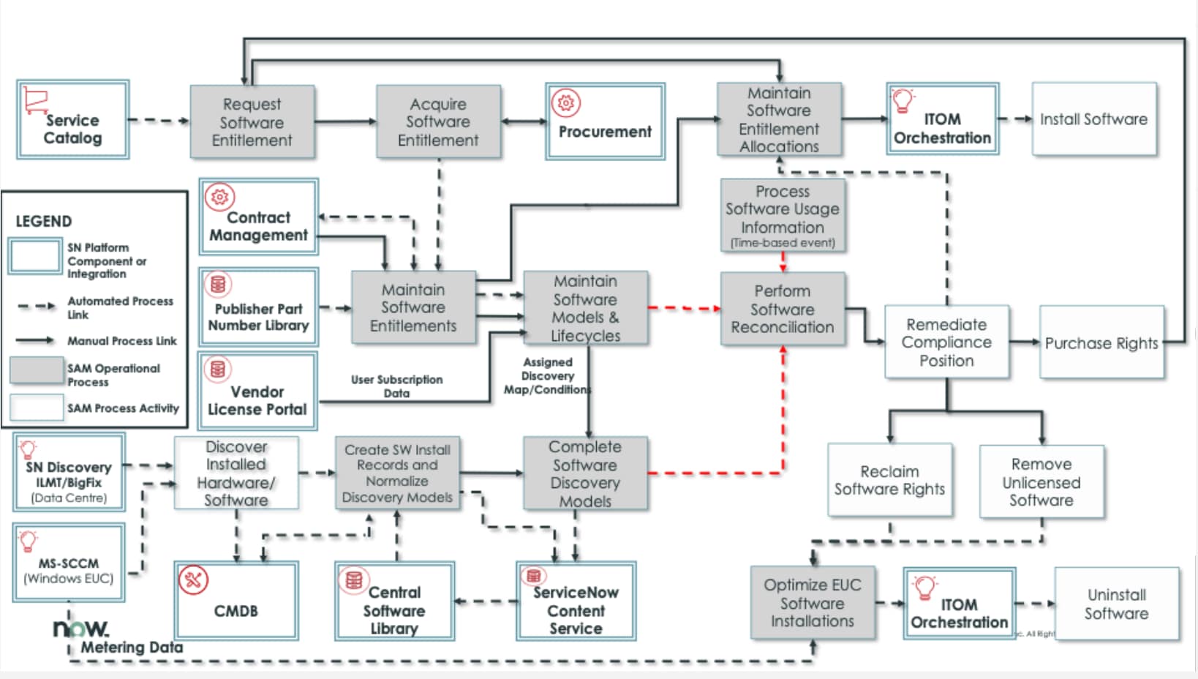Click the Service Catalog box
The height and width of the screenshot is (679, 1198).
73,120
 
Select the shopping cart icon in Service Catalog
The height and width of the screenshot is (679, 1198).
35,100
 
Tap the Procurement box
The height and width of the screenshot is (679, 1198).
605,121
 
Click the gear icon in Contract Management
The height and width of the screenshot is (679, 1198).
219,197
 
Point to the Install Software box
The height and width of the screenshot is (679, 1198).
1093,119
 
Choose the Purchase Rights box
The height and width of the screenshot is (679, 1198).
1101,342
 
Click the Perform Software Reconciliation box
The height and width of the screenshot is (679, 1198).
783,309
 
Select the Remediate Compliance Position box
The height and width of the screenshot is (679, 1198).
946,342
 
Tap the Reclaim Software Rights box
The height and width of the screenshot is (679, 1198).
889,480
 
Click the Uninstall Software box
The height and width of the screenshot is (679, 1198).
1116,604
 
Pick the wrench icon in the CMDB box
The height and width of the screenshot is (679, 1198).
194,580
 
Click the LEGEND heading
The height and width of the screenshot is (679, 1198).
44,221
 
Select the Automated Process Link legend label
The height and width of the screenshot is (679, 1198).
120,307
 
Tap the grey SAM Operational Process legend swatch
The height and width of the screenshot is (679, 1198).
36,371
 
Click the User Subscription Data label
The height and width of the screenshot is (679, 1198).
396,386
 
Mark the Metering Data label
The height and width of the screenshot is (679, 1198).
132,648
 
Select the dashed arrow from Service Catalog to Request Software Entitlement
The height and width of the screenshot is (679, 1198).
159,120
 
